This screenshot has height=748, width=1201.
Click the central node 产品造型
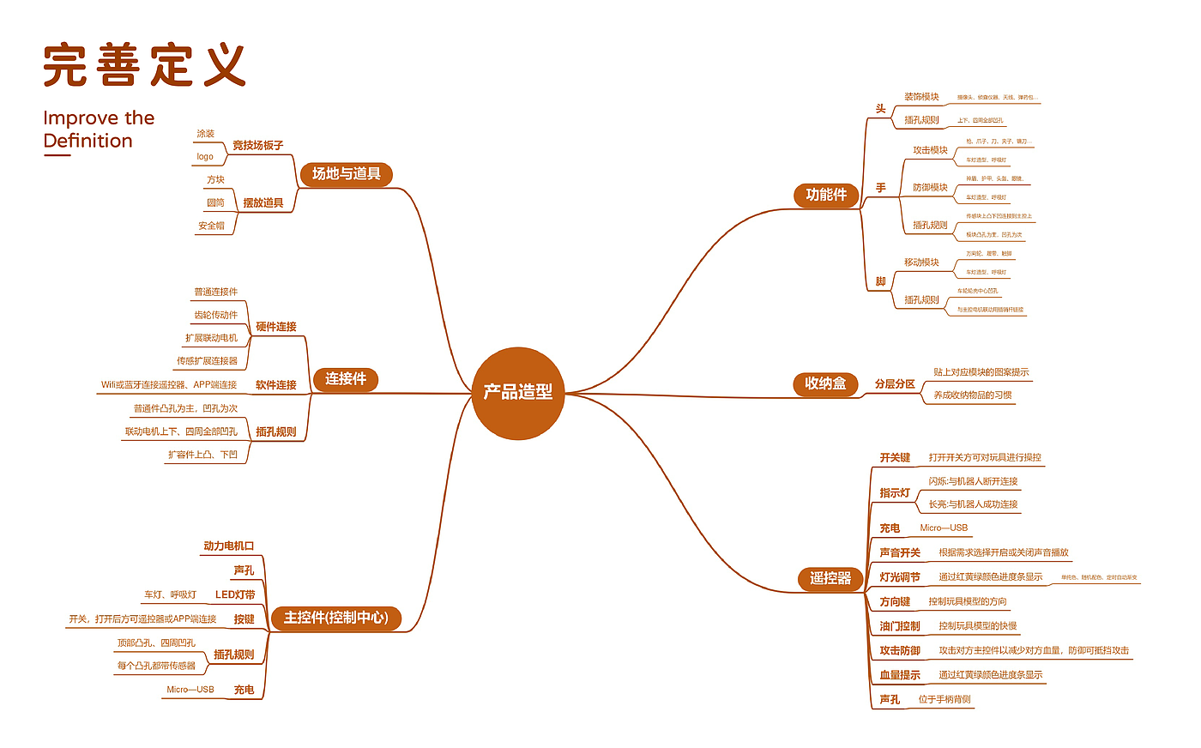[518, 393]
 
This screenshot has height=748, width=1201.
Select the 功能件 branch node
[826, 195]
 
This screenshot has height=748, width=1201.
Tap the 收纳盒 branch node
[825, 383]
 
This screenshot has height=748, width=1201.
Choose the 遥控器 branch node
[830, 578]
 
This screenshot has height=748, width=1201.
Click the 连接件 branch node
[346, 379]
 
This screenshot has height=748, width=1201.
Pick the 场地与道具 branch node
[346, 174]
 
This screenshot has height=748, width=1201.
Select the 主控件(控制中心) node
[336, 618]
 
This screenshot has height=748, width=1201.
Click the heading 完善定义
[145, 66]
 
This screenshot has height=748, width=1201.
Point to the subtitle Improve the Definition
[99, 130]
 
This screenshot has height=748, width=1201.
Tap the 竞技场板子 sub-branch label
[257, 146]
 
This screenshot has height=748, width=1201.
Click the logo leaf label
[205, 156]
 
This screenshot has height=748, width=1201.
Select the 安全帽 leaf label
[211, 226]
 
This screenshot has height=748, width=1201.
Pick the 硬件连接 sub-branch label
[276, 327]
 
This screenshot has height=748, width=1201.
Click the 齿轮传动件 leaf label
[215, 315]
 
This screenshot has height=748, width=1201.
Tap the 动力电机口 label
[229, 546]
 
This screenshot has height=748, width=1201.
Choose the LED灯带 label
[235, 594]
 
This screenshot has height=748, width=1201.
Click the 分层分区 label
[895, 384]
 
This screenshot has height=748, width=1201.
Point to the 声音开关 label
[900, 553]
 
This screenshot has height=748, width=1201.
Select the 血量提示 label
[900, 675]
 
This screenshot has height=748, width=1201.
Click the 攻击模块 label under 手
[930, 150]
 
